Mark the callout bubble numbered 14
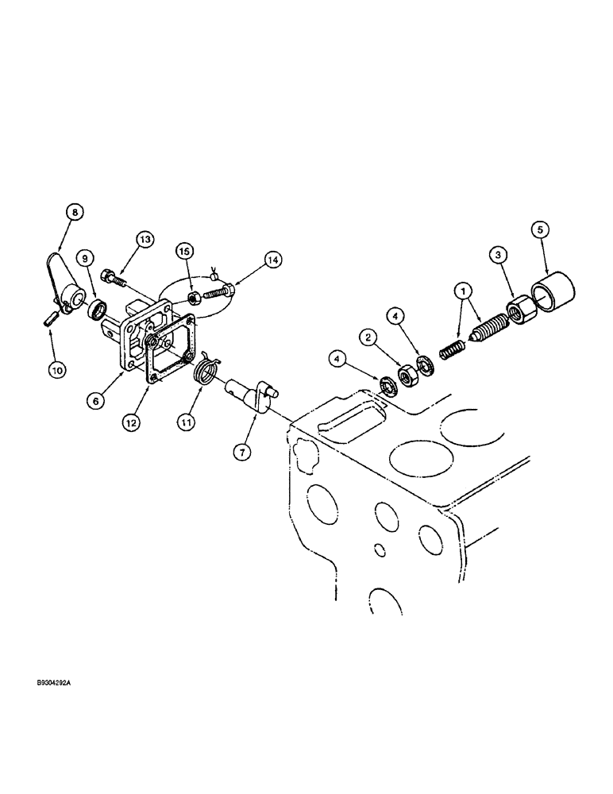coord(273,259)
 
